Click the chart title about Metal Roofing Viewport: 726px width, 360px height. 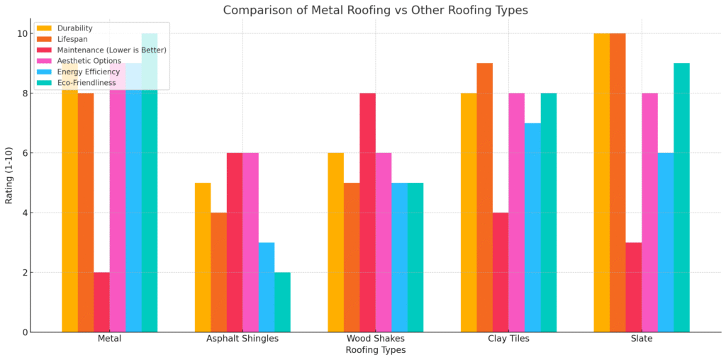coord(375,11)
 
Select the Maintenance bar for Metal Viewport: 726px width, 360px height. coord(101,302)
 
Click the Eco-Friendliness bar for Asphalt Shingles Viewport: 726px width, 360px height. coord(282,302)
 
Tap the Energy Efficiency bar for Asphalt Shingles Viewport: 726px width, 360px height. coord(267,287)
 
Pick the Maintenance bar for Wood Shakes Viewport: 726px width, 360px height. coord(367,213)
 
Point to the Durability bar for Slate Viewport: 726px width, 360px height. coord(601,183)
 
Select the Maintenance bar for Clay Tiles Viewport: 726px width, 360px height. coord(501,272)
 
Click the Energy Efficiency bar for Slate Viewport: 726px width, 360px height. coord(665,242)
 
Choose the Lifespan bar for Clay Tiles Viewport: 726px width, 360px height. coord(484,198)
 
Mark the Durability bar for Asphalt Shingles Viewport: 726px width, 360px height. coord(203,257)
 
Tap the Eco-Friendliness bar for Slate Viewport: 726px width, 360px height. coord(681,198)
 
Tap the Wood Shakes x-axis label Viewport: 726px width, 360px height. coord(375,339)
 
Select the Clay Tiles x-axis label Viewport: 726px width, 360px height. coord(508,339)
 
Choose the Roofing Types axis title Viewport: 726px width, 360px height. coord(375,350)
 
